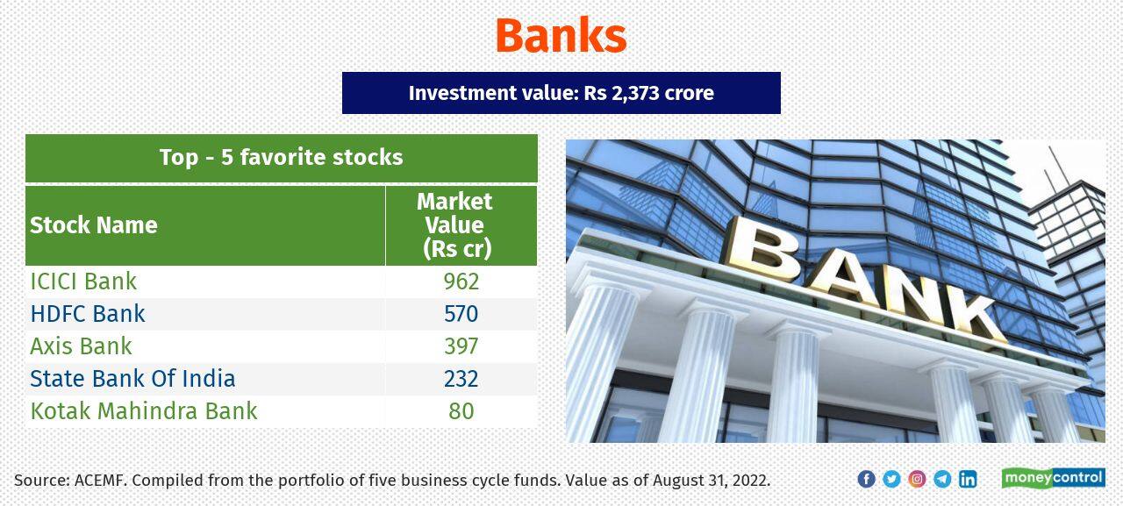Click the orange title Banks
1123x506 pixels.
point(561,36)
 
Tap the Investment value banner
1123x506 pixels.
point(561,93)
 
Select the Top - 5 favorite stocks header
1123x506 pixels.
point(281,158)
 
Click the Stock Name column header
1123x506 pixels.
point(94,225)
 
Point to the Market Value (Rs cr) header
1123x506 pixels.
point(454,225)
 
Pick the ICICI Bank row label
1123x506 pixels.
point(83,282)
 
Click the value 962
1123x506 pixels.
point(461,282)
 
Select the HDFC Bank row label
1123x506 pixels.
point(88,314)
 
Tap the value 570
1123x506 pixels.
point(461,314)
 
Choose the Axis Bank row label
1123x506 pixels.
point(81,346)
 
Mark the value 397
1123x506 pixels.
point(461,346)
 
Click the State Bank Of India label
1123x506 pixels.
point(132,379)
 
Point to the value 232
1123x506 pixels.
point(461,379)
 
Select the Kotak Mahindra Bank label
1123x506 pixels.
point(144,411)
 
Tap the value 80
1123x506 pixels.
point(461,411)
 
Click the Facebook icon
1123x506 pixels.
point(866,479)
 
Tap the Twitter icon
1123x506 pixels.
point(891,479)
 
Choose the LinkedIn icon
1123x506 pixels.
point(968,479)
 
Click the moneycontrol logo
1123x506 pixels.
point(1053,478)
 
